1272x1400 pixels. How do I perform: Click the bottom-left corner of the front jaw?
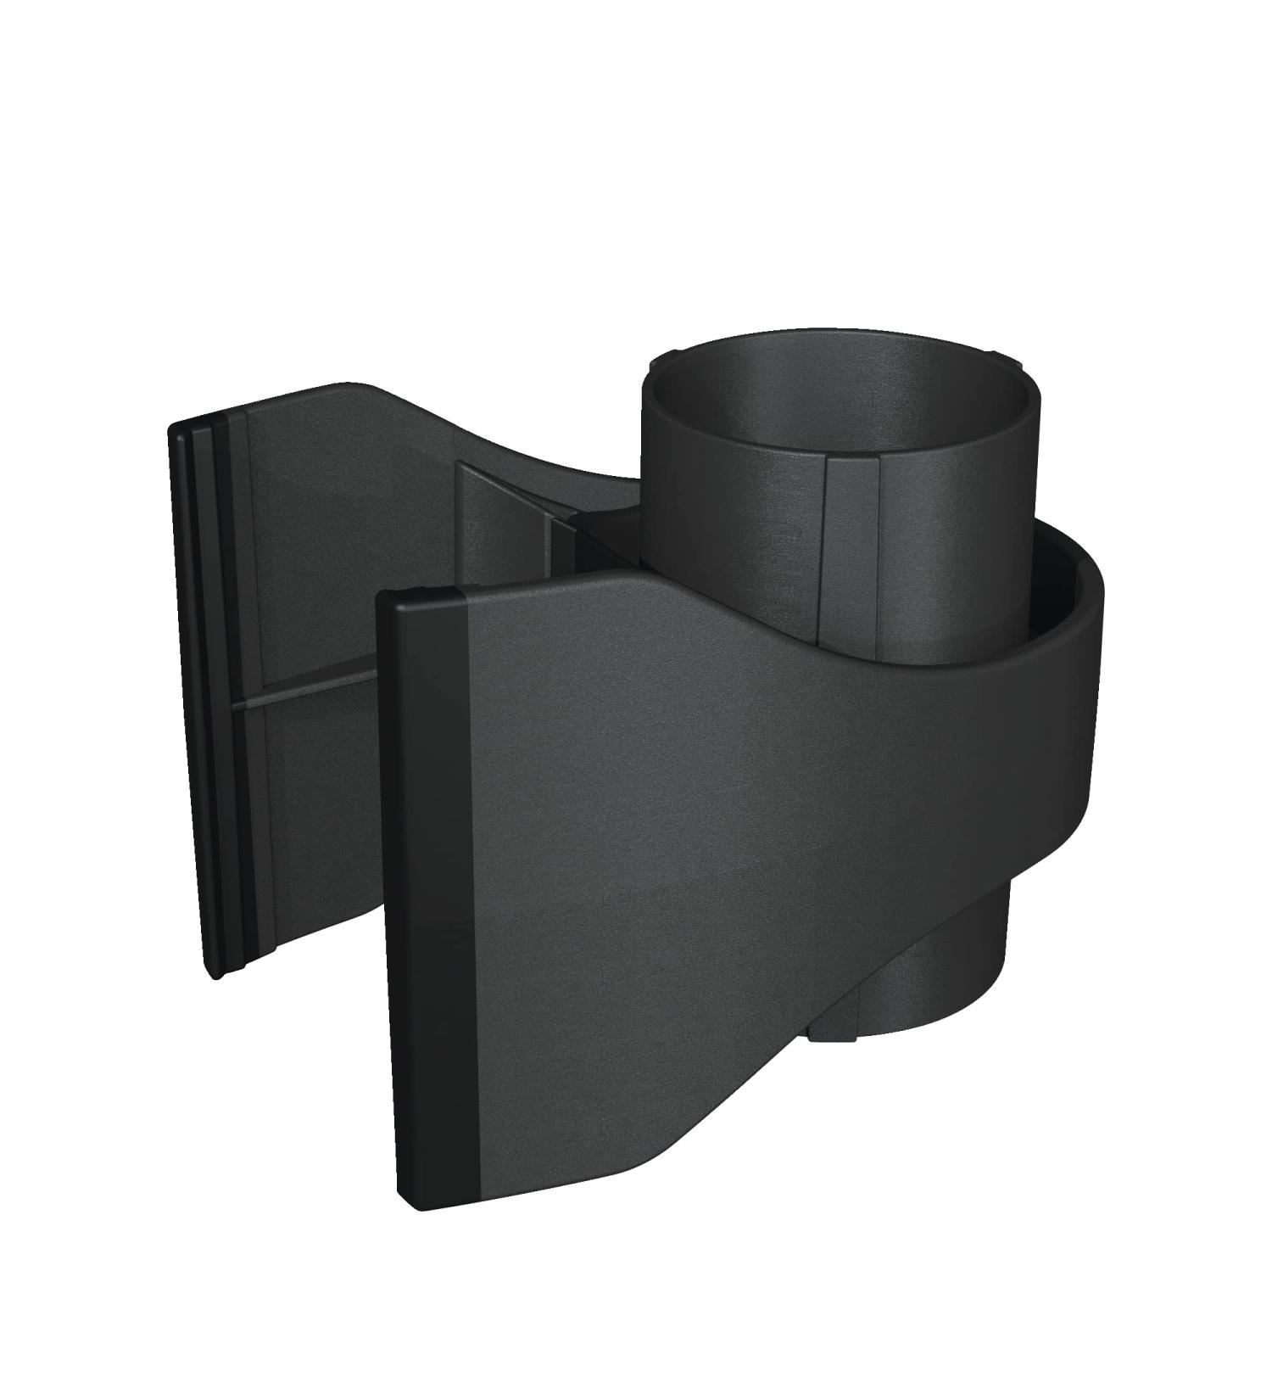[x=405, y=1205]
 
